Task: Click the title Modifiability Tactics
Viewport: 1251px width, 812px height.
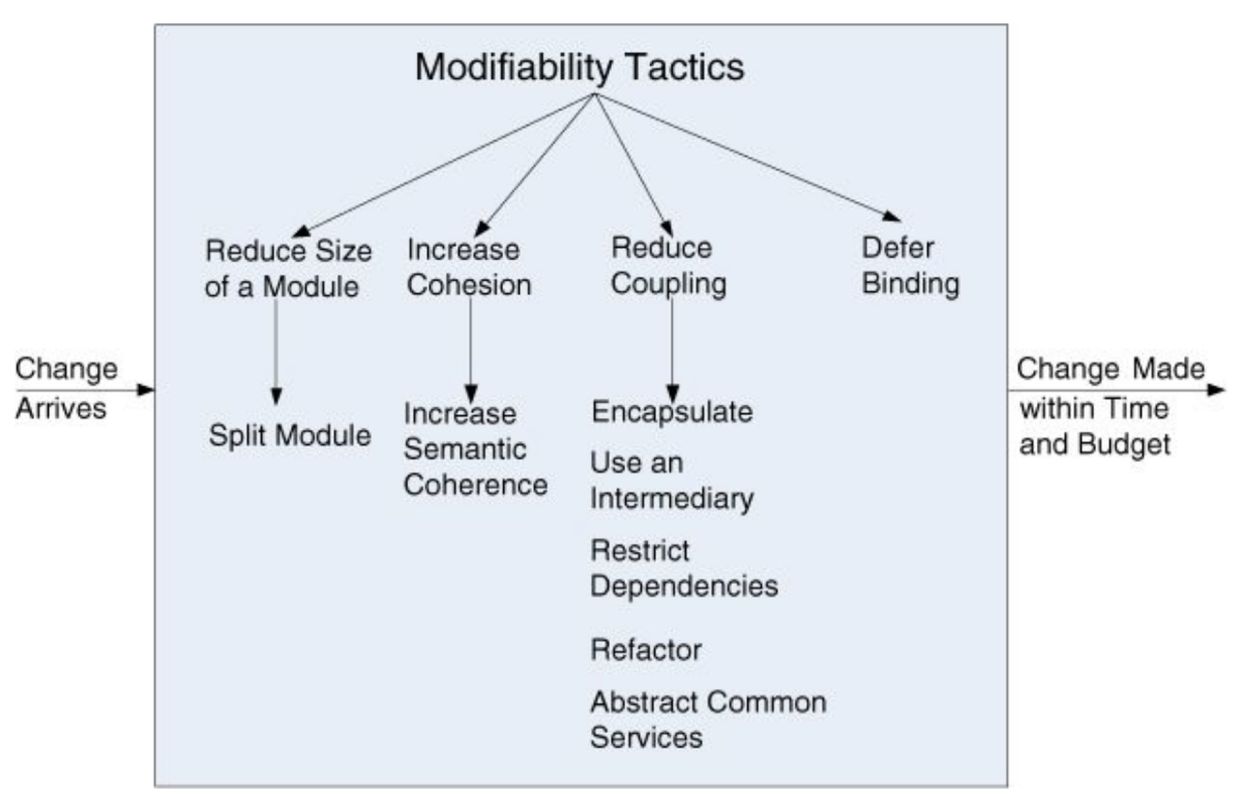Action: coord(580,66)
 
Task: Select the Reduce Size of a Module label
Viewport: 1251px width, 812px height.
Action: coord(288,268)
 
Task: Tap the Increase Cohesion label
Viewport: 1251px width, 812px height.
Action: coord(469,267)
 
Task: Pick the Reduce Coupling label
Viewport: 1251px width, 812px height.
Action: coord(668,266)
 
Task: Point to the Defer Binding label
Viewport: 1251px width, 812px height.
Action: coord(910,265)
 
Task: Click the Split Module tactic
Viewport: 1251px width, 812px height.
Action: coord(290,435)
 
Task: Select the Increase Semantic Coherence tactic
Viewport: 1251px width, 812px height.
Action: coord(475,449)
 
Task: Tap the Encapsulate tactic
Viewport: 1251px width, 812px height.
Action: coord(671,412)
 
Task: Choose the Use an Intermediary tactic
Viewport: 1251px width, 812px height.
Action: coord(671,480)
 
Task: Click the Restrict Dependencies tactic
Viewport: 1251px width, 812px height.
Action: coord(684,568)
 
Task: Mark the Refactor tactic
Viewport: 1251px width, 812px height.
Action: coord(646,650)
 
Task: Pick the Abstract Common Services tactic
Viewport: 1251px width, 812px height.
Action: coord(708,719)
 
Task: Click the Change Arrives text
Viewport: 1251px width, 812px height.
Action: coord(65,388)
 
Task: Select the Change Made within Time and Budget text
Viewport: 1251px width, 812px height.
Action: coord(1110,406)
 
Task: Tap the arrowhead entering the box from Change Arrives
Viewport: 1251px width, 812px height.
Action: coord(146,390)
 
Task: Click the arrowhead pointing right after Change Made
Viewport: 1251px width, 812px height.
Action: coord(1216,390)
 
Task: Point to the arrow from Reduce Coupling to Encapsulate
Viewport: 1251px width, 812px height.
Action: coord(672,349)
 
